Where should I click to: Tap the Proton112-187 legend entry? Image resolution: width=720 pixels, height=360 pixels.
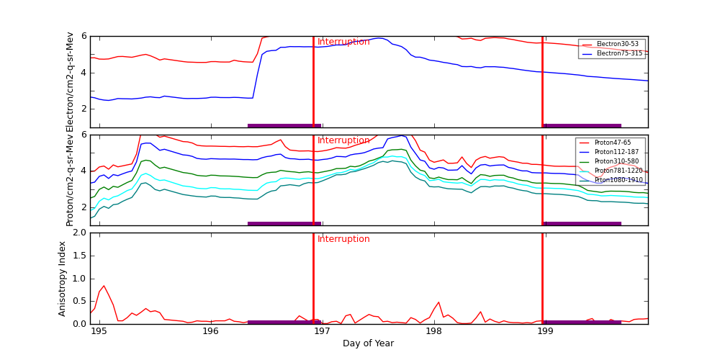(611, 152)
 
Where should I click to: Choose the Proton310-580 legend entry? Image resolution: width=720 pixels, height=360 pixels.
(611, 161)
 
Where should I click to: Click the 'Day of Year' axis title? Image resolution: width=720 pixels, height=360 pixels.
(368, 343)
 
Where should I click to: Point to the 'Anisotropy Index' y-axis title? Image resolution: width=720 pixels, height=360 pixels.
(63, 278)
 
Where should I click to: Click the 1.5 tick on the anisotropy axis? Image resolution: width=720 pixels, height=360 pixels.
(79, 256)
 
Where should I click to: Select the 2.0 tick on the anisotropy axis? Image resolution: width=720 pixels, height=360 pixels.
(79, 233)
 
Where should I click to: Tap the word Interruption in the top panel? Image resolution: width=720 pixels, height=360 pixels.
(343, 42)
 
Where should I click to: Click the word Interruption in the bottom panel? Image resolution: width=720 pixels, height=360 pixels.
(343, 239)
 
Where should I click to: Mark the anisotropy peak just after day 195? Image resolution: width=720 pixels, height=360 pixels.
(104, 286)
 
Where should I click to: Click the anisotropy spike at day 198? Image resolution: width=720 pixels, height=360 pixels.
(438, 302)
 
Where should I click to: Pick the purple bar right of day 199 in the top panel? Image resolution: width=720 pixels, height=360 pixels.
(582, 125)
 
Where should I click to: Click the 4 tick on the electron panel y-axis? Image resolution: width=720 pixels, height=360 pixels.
(84, 73)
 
